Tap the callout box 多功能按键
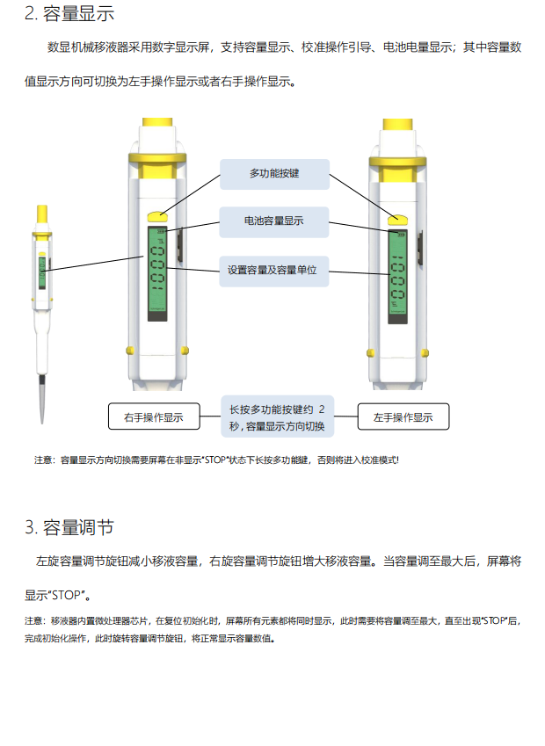[274, 174]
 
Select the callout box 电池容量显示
[274, 221]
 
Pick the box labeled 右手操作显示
[154, 417]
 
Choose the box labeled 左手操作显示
[403, 417]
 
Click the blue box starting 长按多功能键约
[277, 417]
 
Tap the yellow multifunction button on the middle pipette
[158, 214]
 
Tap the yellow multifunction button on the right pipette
[399, 216]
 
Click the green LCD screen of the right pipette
[397, 276]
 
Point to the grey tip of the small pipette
[41, 400]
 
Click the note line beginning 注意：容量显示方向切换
[216, 460]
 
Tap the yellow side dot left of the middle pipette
[129, 349]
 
